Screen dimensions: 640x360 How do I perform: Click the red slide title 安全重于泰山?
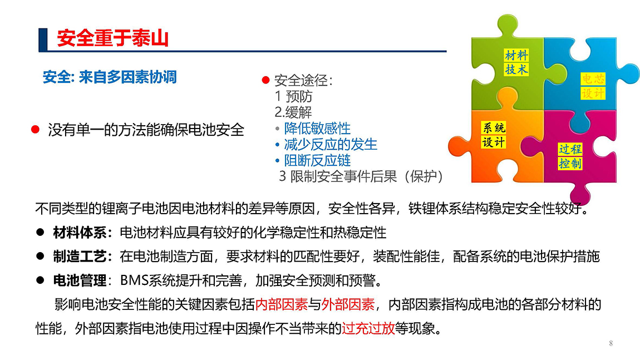(x=112, y=38)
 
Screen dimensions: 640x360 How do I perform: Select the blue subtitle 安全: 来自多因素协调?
(x=110, y=77)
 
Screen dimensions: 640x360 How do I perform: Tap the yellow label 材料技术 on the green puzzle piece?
(x=516, y=62)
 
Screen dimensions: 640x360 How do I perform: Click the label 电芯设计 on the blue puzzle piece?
(x=593, y=86)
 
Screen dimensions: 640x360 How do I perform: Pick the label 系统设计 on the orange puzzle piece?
(x=494, y=135)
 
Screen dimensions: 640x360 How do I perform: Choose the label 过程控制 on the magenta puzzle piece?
(x=570, y=156)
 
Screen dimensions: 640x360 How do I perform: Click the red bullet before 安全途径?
(x=265, y=80)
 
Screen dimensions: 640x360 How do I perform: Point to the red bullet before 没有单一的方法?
(x=36, y=130)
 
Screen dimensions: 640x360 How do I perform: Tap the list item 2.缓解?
(x=293, y=112)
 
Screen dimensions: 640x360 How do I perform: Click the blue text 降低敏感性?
(x=318, y=128)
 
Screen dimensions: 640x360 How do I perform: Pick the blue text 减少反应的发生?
(x=331, y=144)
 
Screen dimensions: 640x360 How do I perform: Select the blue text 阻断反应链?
(x=318, y=160)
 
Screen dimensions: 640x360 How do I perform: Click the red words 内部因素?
(x=282, y=304)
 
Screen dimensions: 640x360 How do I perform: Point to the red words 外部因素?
(x=348, y=304)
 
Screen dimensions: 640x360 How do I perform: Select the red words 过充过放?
(x=368, y=328)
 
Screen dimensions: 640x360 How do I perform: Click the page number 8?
(x=611, y=343)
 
